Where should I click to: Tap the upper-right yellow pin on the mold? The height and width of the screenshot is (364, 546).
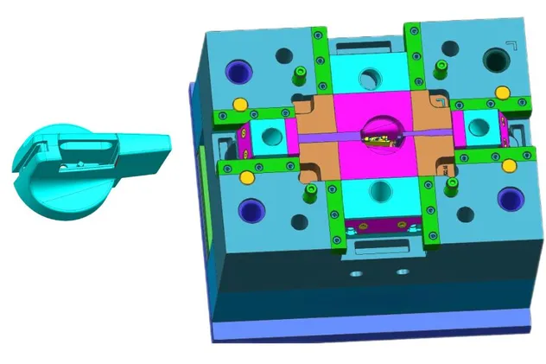point(502,92)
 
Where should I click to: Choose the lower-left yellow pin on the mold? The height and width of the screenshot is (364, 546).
point(247,177)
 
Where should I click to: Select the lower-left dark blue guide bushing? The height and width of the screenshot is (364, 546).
point(251,208)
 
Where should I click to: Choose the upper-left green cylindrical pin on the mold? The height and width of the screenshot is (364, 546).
point(301,73)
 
